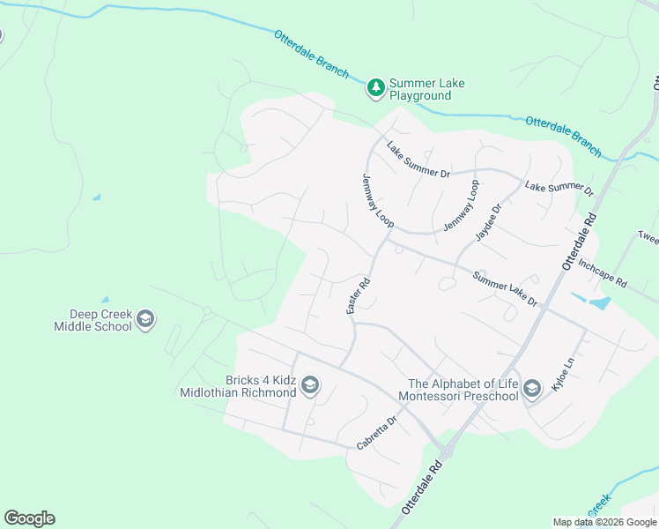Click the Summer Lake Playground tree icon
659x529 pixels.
[x=376, y=87]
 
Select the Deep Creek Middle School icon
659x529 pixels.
[x=146, y=319]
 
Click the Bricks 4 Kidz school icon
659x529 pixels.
[x=309, y=385]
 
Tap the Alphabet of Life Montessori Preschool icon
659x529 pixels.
[x=531, y=389]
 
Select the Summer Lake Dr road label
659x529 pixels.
[x=505, y=288]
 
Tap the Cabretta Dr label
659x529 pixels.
[x=377, y=433]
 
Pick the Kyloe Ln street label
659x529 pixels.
[x=560, y=376]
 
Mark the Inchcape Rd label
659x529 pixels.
[x=603, y=273]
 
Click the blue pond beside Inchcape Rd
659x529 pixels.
[x=599, y=304]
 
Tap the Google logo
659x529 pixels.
[x=29, y=518]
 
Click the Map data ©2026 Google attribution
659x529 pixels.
[x=605, y=522]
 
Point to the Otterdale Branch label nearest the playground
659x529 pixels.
[x=311, y=55]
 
